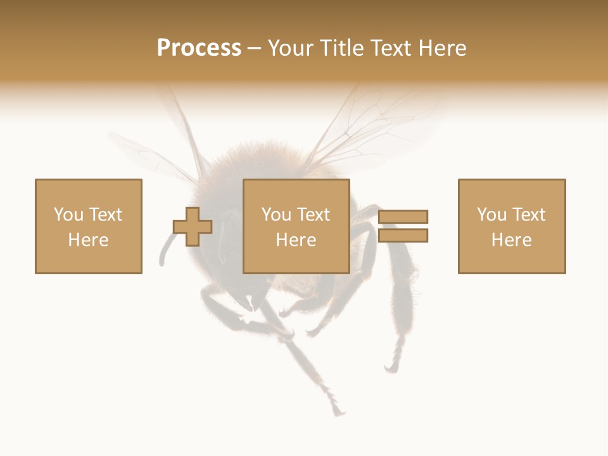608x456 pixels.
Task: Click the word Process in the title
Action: (x=199, y=48)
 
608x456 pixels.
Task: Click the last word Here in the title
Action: (x=441, y=48)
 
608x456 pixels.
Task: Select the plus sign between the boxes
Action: (x=193, y=226)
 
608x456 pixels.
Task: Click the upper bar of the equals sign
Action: (x=403, y=217)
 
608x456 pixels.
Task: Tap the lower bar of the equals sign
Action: (x=403, y=236)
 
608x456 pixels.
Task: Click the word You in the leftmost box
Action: (x=68, y=215)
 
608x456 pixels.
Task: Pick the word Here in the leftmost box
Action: (x=88, y=240)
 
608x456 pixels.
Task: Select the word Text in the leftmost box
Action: (x=104, y=215)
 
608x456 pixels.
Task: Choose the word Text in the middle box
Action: (x=313, y=215)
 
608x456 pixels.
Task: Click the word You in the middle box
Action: (x=277, y=215)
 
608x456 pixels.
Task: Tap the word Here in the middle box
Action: (x=296, y=240)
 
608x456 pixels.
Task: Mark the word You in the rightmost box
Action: (x=492, y=215)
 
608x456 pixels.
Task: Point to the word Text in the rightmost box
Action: (x=528, y=215)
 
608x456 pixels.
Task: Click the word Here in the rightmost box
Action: (x=511, y=240)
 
